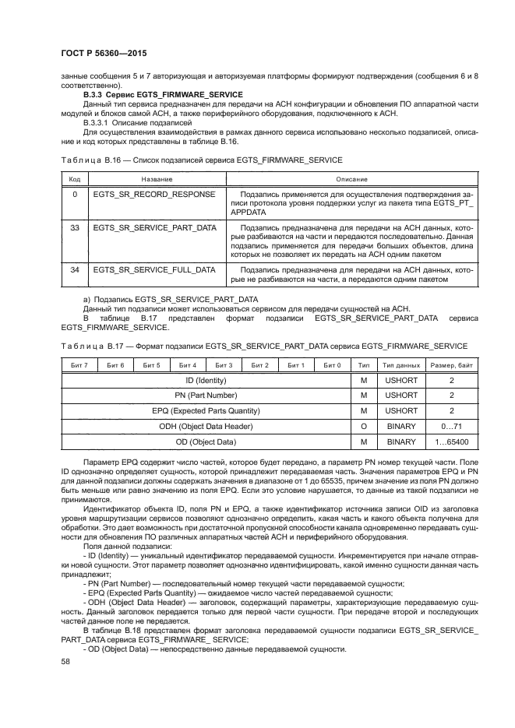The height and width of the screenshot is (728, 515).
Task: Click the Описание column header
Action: pos(351,178)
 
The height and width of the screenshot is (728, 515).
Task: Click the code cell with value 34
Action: pos(75,269)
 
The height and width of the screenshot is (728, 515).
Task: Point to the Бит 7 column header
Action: pos(79,365)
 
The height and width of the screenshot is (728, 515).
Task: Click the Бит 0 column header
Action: pos(332,365)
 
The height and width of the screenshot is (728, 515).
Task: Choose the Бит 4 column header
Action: pos(188,365)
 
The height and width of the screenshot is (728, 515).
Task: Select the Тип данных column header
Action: pos(401,365)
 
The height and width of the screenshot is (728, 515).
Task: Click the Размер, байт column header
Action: pos(452,365)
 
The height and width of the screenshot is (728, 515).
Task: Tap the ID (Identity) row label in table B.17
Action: pos(206,380)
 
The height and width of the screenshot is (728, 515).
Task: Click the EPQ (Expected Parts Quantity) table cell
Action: pos(206,410)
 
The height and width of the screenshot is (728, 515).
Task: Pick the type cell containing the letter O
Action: pos(363,426)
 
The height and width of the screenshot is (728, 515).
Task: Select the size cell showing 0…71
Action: pos(452,426)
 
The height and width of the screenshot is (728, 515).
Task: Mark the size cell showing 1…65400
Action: pos(452,441)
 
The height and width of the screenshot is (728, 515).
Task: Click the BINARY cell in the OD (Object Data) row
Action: pos(401,441)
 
